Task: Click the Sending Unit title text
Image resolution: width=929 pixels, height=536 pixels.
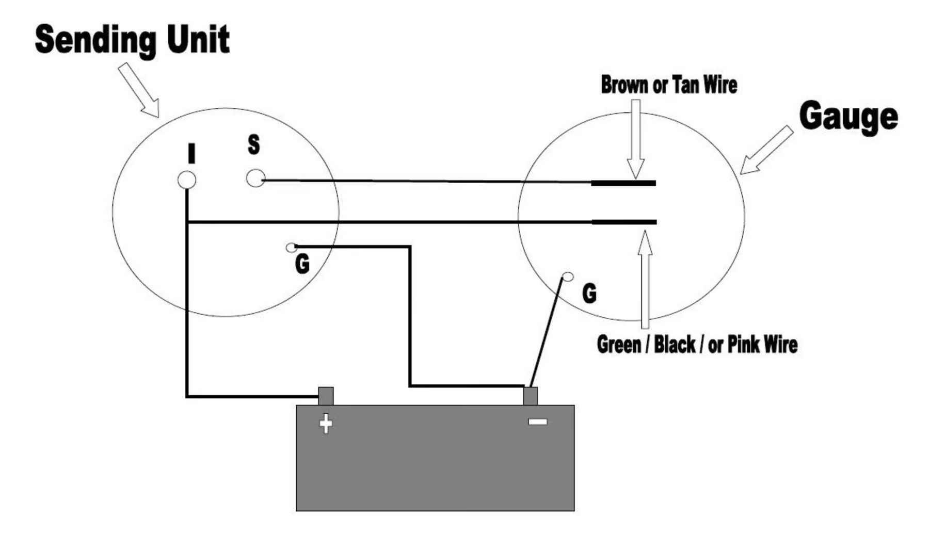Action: point(132,40)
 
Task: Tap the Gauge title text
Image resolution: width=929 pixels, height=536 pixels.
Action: point(848,117)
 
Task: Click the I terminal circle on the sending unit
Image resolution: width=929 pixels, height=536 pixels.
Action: point(186,180)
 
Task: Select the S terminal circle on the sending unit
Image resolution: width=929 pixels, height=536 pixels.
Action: point(255,178)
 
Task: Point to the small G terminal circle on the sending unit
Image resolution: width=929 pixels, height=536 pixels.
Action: point(291,248)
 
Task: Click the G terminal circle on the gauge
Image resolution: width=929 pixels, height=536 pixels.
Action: point(568,277)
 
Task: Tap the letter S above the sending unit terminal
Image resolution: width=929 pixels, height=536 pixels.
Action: point(253,144)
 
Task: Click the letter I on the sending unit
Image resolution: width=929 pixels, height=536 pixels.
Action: point(191,153)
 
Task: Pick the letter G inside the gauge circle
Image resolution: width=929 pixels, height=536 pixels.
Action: point(589,294)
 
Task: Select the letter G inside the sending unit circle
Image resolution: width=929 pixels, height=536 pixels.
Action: point(302,264)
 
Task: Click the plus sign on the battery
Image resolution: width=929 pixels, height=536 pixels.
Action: point(326,424)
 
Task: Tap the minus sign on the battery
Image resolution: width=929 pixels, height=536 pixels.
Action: point(537,422)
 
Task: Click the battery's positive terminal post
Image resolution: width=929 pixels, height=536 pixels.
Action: point(326,396)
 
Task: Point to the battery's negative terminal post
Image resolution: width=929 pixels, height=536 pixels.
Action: point(530,396)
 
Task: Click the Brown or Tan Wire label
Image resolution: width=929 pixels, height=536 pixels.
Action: point(669,85)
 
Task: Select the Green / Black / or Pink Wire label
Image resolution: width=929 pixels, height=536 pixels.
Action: point(697,345)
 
